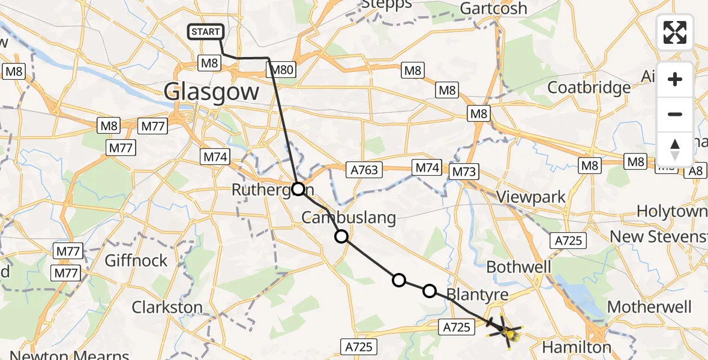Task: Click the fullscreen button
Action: click(675, 32)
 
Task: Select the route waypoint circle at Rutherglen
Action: click(298, 190)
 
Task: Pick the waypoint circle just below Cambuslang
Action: click(341, 236)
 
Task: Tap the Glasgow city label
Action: click(211, 92)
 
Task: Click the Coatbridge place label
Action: click(589, 87)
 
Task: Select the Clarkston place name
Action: click(167, 307)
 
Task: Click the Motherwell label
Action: click(649, 307)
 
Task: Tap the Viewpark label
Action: click(532, 197)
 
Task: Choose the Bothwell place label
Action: click(519, 266)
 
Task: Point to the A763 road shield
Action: click(365, 170)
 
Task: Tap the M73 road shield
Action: click(464, 172)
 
